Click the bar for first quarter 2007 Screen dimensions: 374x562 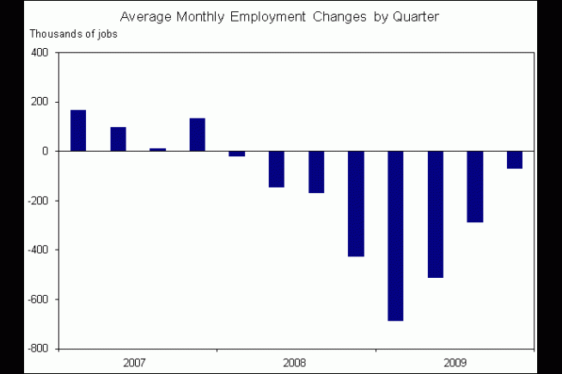pos(78,130)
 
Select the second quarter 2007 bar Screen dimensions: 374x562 pos(118,139)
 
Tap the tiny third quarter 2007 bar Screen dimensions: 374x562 pos(157,149)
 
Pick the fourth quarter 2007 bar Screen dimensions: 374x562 pos(197,135)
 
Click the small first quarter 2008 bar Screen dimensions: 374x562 pos(236,154)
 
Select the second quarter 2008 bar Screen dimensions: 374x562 pos(276,169)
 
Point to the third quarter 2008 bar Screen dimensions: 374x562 pos(316,172)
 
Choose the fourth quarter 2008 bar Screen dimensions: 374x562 pos(356,203)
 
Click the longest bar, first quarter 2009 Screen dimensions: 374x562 pos(395,236)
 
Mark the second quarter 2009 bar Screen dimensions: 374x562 pos(435,214)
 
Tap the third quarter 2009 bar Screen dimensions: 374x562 pos(474,186)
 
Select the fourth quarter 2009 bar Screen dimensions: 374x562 pos(514,160)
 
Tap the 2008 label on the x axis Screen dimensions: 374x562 pos(296,363)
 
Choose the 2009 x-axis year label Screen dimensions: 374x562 pos(455,363)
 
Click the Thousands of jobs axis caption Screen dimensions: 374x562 pos(74,33)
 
